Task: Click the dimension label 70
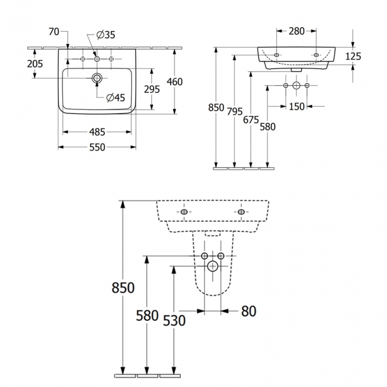coord(54,32)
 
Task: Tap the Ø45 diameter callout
coord(116,98)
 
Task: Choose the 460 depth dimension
coord(174,82)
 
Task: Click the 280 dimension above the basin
coord(296,32)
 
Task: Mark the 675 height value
coord(251,120)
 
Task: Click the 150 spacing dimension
coord(297,107)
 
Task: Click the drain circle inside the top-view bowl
coord(96,77)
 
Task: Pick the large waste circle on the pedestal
coord(213,266)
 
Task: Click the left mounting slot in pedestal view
coord(184,213)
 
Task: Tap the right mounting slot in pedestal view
coord(241,213)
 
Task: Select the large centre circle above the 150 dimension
coord(297,86)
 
